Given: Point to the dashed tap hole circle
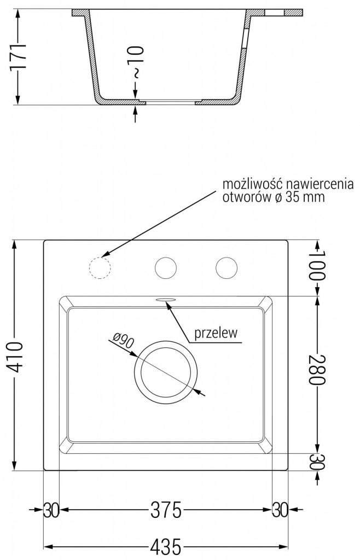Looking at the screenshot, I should coord(100,267).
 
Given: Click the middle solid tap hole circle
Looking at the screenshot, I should coord(166,267).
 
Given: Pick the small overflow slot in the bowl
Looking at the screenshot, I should coord(165,299).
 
